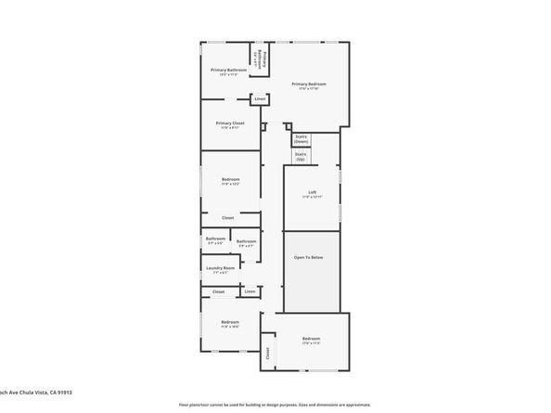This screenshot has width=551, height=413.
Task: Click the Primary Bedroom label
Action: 309,84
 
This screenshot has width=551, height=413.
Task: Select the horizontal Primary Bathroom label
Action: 227,70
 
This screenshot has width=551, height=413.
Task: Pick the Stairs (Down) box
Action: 301,138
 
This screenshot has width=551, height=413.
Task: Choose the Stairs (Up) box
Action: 301,156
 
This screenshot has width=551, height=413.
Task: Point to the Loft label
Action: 313,192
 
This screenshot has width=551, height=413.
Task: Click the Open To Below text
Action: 309,257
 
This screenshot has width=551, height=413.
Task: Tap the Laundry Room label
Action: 220,268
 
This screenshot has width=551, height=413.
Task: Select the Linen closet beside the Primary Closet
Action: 261,98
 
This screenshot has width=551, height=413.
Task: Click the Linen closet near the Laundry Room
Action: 250,291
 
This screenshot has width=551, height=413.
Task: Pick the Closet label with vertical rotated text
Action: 268,352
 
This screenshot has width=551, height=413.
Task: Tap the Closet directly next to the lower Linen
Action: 219,291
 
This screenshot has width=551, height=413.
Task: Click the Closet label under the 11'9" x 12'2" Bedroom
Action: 228,218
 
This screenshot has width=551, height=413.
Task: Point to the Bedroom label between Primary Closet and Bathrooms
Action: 230,178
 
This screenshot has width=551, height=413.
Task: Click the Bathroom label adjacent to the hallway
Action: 246,241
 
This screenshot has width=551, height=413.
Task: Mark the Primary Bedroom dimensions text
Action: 309,89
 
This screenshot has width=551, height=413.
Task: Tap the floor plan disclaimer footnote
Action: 275,406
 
